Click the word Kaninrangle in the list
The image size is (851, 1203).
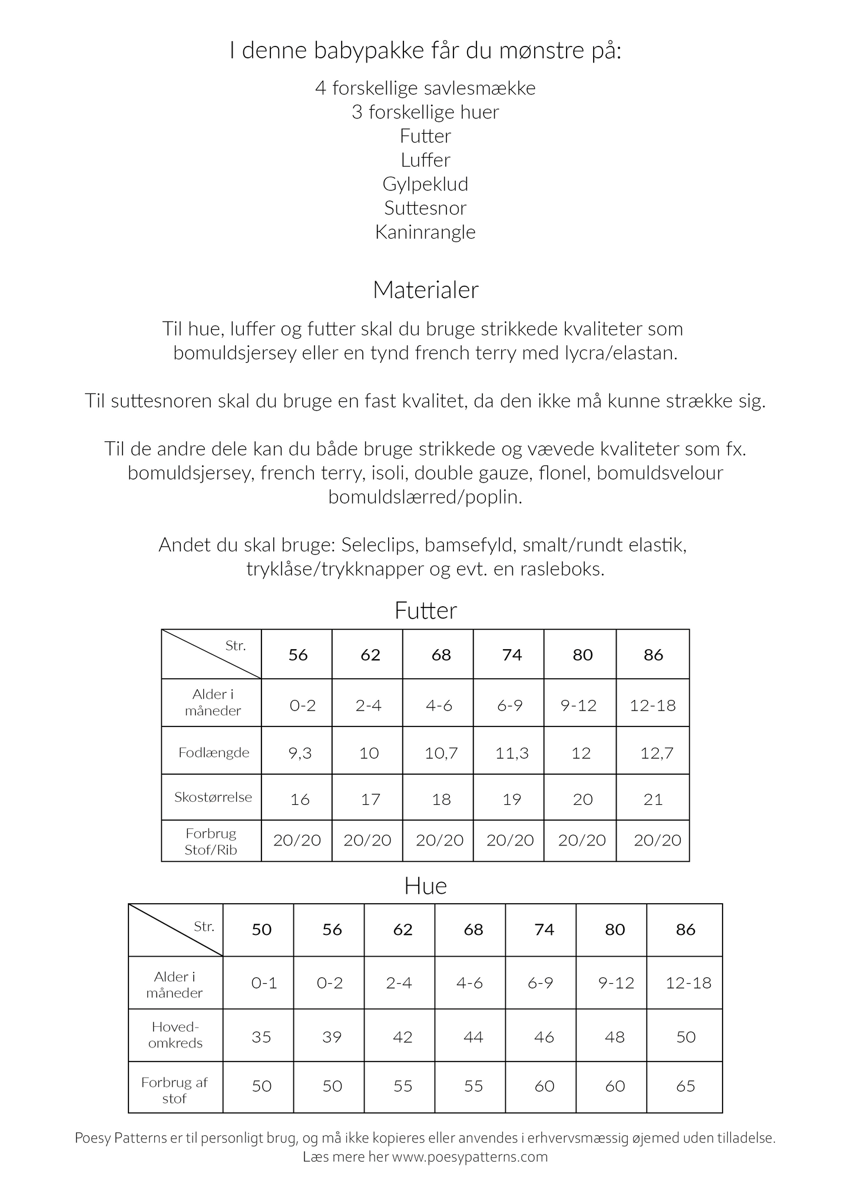[425, 232]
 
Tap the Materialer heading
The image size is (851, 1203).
[425, 290]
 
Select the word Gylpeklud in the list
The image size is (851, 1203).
[425, 184]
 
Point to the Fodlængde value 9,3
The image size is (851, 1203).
[300, 753]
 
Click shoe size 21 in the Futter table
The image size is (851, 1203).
[653, 799]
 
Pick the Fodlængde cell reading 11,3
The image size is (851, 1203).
[512, 753]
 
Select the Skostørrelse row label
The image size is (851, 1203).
[213, 798]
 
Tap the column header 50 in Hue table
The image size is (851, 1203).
[261, 930]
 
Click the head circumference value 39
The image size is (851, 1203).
[332, 1037]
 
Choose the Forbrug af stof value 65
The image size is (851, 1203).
[686, 1086]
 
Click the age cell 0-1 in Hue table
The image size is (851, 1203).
[264, 983]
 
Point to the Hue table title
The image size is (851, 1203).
[425, 886]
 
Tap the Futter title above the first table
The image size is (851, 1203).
[425, 611]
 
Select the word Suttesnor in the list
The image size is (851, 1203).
[425, 208]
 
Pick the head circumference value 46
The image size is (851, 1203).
[544, 1037]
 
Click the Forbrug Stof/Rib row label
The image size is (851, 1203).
[211, 841]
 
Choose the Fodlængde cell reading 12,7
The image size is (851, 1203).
[657, 753]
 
